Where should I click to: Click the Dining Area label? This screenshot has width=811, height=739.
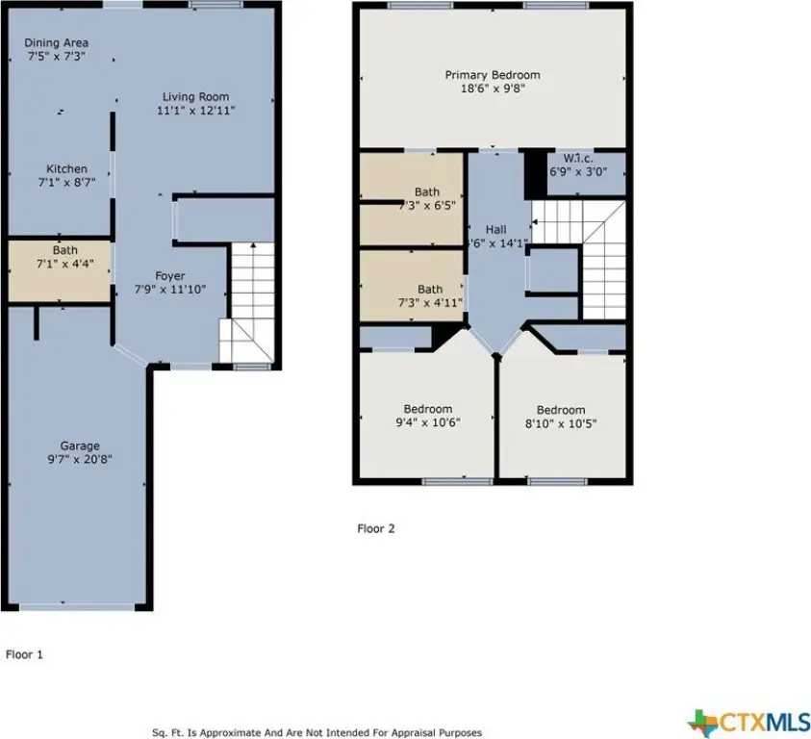pyautogui.click(x=57, y=43)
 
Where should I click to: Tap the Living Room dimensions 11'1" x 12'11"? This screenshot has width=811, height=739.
pyautogui.click(x=196, y=111)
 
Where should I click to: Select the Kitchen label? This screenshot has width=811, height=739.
pyautogui.click(x=66, y=168)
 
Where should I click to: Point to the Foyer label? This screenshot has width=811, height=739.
pyautogui.click(x=170, y=276)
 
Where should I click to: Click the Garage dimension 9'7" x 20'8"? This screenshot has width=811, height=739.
pyautogui.click(x=80, y=459)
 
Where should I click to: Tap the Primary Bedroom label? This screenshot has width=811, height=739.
pyautogui.click(x=493, y=75)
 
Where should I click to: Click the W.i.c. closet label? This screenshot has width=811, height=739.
pyautogui.click(x=578, y=159)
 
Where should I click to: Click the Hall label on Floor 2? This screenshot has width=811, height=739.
pyautogui.click(x=496, y=229)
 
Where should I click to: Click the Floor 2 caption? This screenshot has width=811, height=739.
pyautogui.click(x=376, y=528)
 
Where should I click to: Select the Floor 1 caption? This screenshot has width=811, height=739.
pyautogui.click(x=24, y=654)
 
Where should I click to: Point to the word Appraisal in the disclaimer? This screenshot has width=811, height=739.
pyautogui.click(x=415, y=733)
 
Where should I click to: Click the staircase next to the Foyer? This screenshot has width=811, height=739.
pyautogui.click(x=247, y=303)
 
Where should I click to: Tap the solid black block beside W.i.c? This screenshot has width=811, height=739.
pyautogui.click(x=536, y=173)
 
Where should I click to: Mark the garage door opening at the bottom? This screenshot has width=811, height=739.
pyautogui.click(x=78, y=606)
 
